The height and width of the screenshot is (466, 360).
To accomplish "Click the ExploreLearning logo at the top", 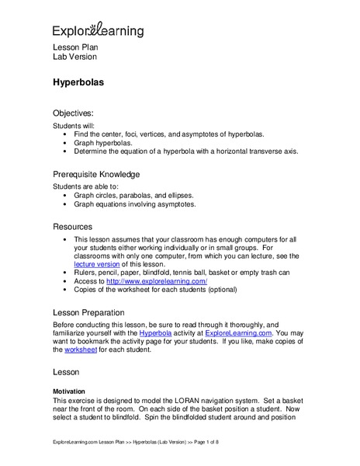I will (98, 30).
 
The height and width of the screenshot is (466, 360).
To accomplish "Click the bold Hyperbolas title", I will (78, 80).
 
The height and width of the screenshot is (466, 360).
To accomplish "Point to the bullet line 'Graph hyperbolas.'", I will (105, 143).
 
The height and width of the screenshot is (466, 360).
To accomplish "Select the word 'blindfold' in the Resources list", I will (164, 273).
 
